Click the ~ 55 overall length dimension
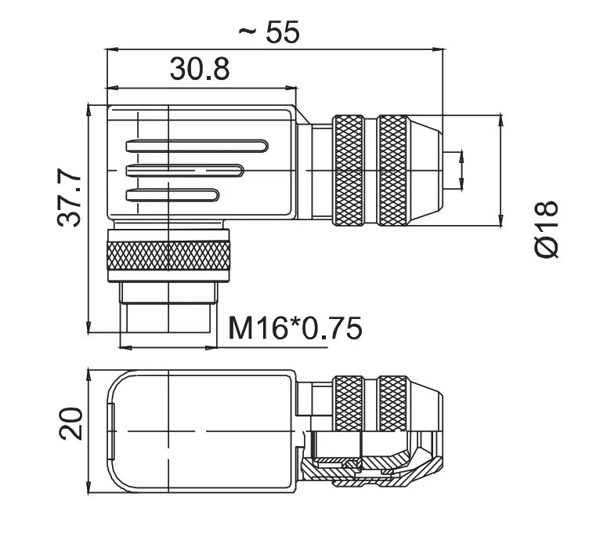269,31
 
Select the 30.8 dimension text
200,69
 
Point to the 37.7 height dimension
69,198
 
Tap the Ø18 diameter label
547,229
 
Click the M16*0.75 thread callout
295,328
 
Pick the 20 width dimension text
70,423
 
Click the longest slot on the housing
197,146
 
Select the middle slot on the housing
185,171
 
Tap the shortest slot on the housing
172,195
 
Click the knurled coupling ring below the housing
168,255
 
